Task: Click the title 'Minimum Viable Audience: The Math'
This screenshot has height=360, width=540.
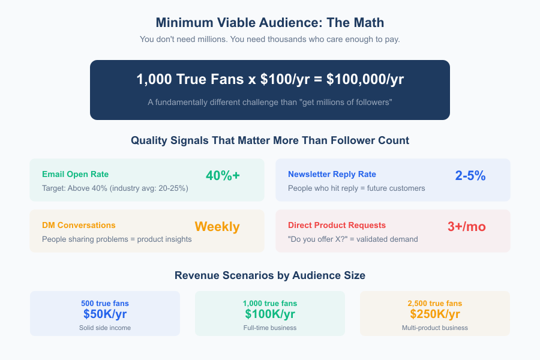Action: (270, 23)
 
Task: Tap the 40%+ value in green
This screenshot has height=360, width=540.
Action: (223, 176)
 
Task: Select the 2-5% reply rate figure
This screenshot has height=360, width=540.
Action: (470, 176)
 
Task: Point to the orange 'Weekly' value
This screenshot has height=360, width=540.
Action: (217, 227)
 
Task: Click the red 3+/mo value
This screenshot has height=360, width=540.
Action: (467, 227)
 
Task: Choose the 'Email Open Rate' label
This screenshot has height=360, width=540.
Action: (76, 175)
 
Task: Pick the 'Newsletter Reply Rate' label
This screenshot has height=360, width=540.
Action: (332, 175)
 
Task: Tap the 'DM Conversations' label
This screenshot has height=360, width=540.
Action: (79, 226)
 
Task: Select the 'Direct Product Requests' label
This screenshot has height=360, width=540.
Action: (337, 226)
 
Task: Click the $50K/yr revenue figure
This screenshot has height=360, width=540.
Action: (105, 314)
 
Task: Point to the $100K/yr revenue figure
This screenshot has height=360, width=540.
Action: (270, 314)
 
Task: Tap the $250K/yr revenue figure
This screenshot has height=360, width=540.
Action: (435, 314)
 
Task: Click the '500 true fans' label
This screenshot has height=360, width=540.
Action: (105, 303)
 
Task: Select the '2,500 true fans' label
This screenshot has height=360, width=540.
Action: (435, 303)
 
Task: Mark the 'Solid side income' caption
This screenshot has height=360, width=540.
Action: (105, 328)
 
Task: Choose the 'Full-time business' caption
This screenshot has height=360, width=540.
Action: (270, 328)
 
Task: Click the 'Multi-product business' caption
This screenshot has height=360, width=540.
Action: (435, 328)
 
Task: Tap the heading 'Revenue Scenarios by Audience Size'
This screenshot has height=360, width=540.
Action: (270, 276)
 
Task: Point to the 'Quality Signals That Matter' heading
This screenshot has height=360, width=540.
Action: (270, 141)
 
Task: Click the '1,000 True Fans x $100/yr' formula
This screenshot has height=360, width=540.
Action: (270, 80)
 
